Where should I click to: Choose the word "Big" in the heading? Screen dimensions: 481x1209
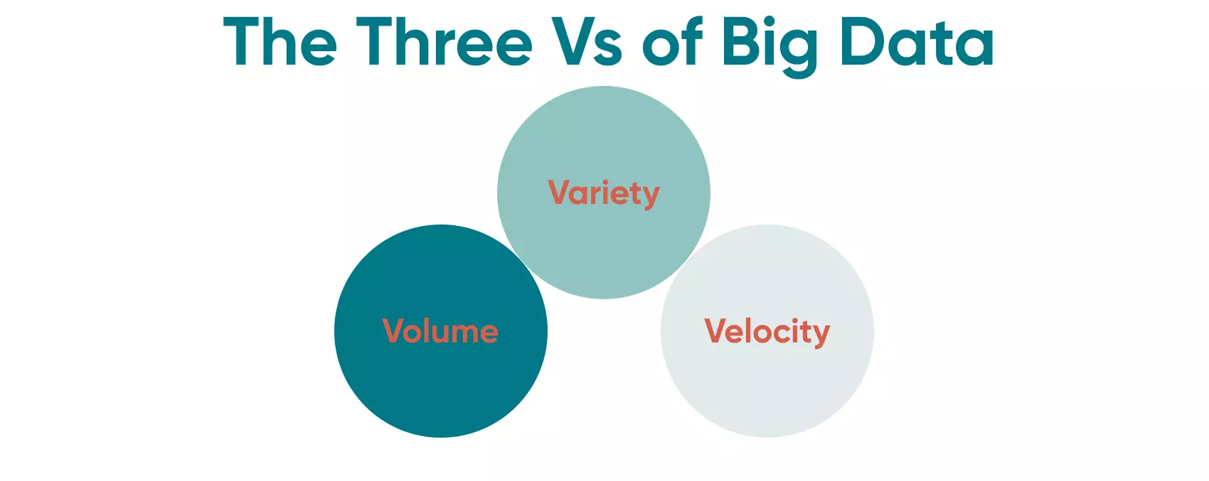click(769, 44)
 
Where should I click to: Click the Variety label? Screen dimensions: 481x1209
click(604, 193)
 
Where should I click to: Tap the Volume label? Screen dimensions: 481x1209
click(440, 332)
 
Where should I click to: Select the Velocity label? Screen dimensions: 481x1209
click(767, 332)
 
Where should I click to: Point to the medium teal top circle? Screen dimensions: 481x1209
click(603, 249)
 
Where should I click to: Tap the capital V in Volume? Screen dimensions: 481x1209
click(395, 331)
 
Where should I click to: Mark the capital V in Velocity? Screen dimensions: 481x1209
click(716, 331)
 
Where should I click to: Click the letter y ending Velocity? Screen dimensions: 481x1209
click(821, 335)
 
